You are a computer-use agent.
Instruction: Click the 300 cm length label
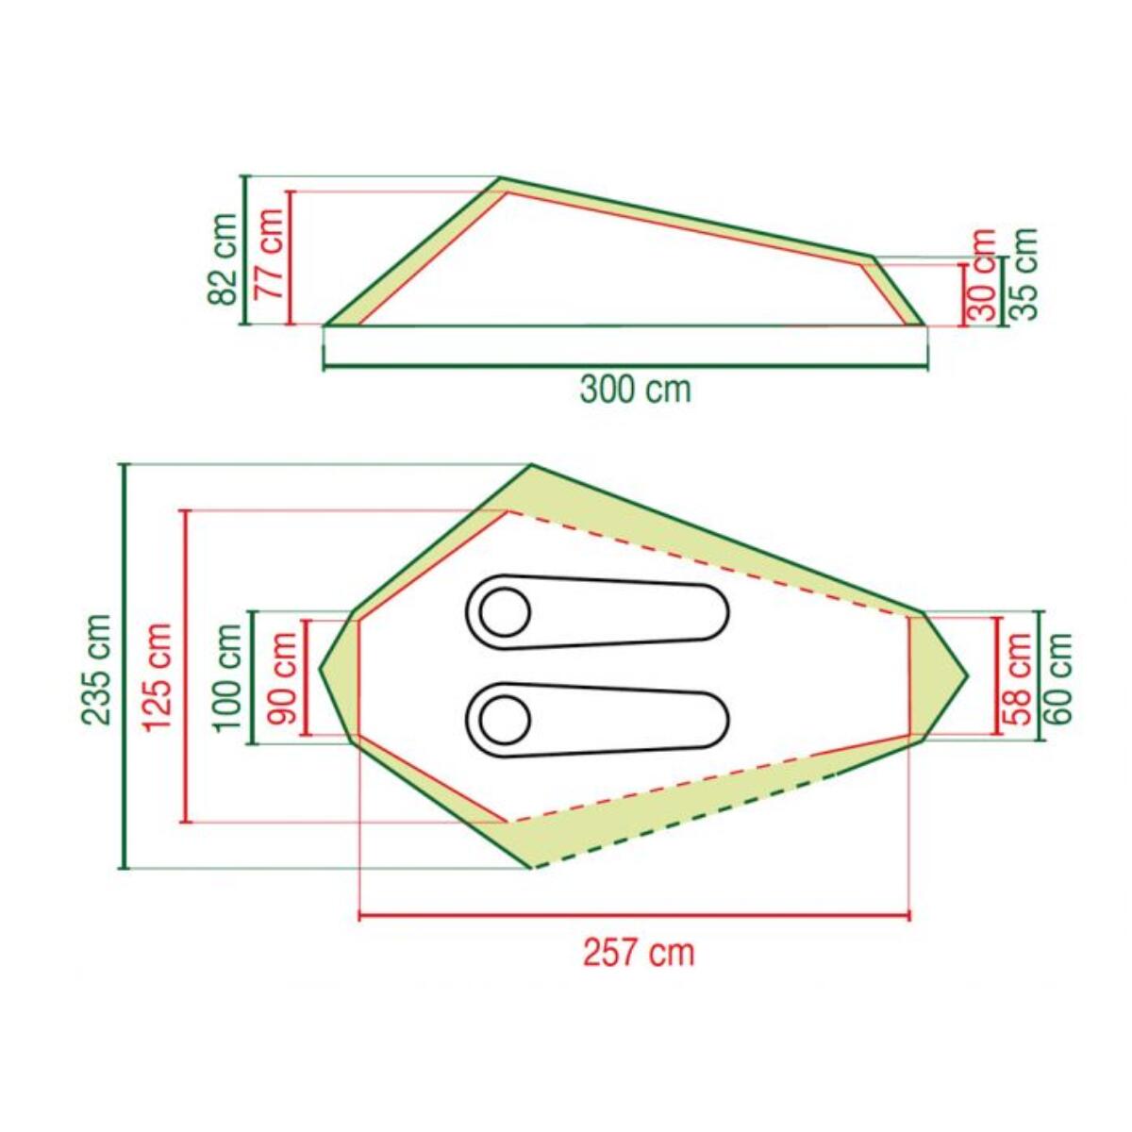(x=636, y=389)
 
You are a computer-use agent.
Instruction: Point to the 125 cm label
(x=158, y=676)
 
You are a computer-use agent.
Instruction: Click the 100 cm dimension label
(x=226, y=677)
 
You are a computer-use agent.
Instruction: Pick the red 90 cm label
(x=281, y=678)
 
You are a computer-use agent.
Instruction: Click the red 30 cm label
(x=982, y=275)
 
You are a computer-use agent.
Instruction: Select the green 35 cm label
(x=1023, y=274)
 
